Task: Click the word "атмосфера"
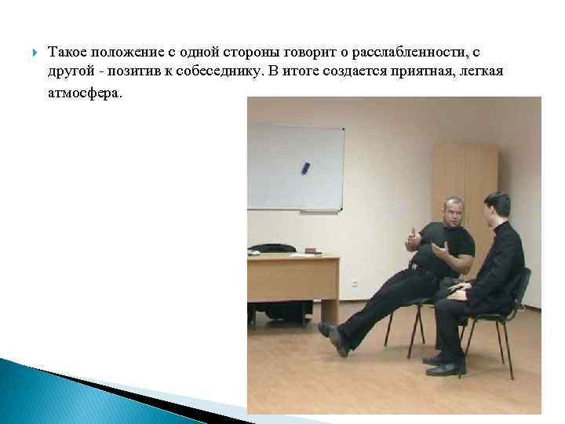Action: (x=86, y=92)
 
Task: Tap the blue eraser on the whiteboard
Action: (x=305, y=167)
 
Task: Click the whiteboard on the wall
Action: (x=296, y=167)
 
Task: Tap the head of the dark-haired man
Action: (x=497, y=207)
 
